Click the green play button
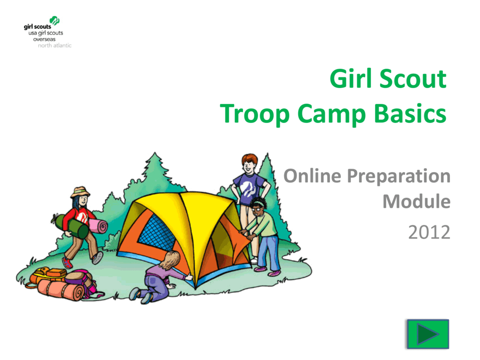click(427, 334)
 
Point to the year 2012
click(429, 232)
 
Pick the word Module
click(416, 202)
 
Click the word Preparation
click(399, 177)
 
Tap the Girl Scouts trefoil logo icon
click(55, 21)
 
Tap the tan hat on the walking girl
click(80, 192)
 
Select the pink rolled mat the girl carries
click(99, 227)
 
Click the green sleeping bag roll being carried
click(71, 227)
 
